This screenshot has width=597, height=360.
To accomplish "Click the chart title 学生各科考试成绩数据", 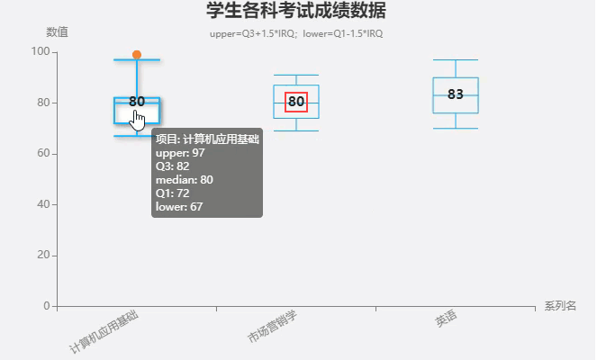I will click(x=296, y=12).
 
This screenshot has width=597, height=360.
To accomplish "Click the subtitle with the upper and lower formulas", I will click(x=296, y=34).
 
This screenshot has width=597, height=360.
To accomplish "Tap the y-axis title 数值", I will click(x=57, y=32).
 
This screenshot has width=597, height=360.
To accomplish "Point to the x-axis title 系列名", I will click(x=559, y=306).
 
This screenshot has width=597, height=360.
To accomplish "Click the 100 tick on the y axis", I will click(x=40, y=51).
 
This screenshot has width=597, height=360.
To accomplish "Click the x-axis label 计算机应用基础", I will click(x=104, y=330).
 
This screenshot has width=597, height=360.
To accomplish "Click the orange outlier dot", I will click(x=137, y=55).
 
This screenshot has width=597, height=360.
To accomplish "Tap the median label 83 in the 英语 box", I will click(x=456, y=94).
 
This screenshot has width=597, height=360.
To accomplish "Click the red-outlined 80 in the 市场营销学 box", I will click(x=296, y=102).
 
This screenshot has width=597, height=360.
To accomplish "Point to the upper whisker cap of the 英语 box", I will click(x=456, y=60).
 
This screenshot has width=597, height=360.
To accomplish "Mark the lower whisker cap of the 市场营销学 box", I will click(x=296, y=131).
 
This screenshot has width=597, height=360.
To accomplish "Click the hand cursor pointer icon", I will click(x=138, y=120).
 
